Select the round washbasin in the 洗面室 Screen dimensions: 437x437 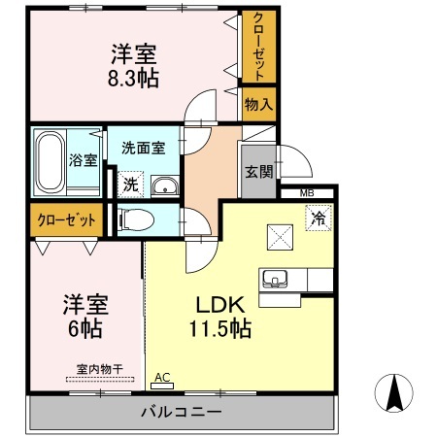click(x=165, y=186)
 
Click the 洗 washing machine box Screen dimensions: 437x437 click(x=130, y=182)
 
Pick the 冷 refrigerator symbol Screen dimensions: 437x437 click(x=318, y=219)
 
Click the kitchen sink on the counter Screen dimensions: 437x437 click(x=275, y=280)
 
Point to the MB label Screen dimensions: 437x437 click(x=307, y=193)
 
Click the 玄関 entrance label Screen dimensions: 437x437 click(x=257, y=170)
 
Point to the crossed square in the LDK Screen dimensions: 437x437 click(x=280, y=234)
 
